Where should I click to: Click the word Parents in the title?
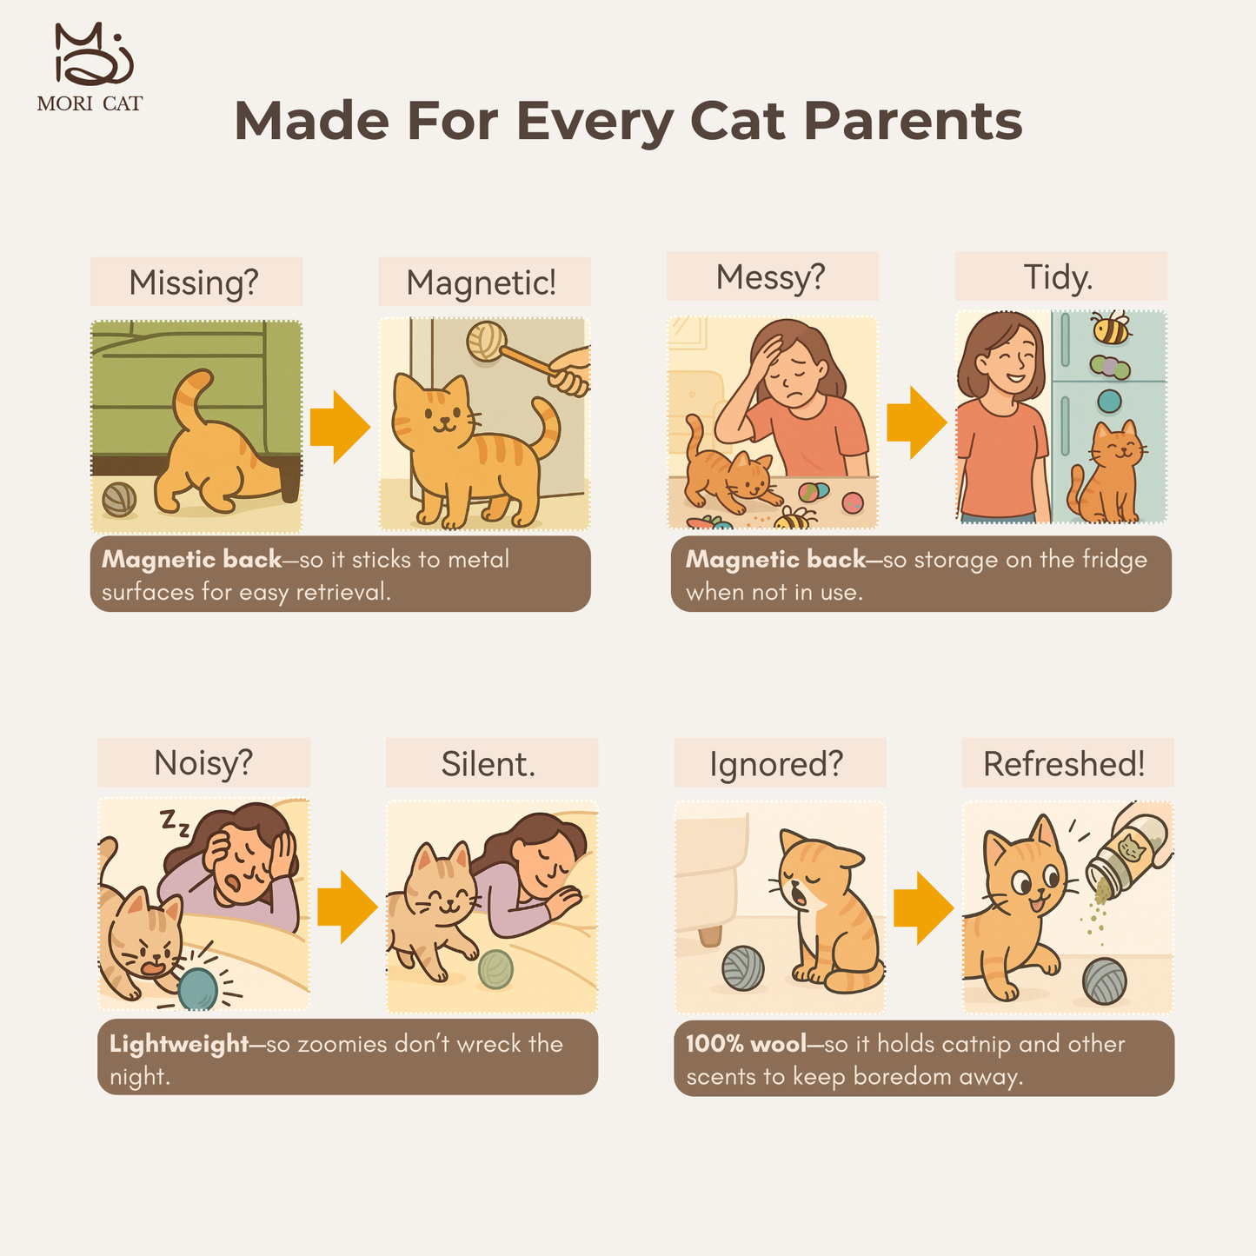click(x=913, y=123)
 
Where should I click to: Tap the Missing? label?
click(x=194, y=282)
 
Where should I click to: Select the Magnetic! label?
click(x=482, y=282)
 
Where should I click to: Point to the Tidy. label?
click(x=1059, y=277)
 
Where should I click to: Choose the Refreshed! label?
click(x=1065, y=763)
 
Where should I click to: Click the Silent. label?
click(x=488, y=763)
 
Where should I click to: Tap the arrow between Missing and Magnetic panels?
click(x=340, y=427)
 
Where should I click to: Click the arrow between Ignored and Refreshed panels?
click(x=924, y=907)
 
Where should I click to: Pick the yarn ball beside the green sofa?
click(x=119, y=500)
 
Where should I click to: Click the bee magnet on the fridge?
click(x=1111, y=328)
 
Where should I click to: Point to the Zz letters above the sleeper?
click(x=175, y=822)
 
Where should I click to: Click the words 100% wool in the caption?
click(x=747, y=1044)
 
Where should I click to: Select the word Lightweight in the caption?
click(x=178, y=1045)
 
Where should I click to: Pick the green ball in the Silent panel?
click(x=495, y=969)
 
